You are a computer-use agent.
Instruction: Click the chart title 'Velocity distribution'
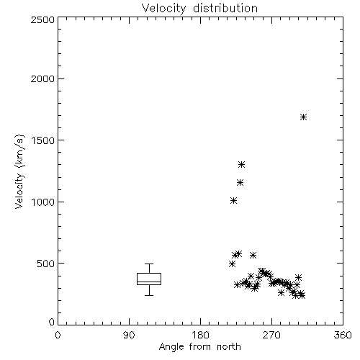(199, 8)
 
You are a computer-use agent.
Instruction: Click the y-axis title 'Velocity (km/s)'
(19, 171)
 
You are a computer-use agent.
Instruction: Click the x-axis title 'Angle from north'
(199, 347)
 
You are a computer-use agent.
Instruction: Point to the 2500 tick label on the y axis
(42, 19)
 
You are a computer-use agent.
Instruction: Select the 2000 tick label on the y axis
(42, 78)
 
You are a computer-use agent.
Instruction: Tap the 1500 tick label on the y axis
(43, 140)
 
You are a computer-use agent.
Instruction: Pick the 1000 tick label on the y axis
(43, 202)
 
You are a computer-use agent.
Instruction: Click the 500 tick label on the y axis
(46, 264)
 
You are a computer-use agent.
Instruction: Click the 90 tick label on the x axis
(129, 335)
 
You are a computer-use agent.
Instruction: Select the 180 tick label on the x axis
(200, 335)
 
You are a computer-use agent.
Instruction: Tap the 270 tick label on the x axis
(271, 335)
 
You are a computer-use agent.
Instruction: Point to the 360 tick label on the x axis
(343, 335)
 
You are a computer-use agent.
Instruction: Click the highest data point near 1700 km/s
(304, 117)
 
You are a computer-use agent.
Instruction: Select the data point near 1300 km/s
(241, 165)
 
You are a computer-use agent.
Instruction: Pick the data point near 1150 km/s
(240, 183)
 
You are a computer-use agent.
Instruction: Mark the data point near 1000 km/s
(233, 201)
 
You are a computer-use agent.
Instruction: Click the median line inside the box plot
(149, 282)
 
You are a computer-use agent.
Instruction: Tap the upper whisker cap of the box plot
(149, 264)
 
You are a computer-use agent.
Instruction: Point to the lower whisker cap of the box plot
(149, 295)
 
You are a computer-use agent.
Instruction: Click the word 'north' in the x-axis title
(229, 347)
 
